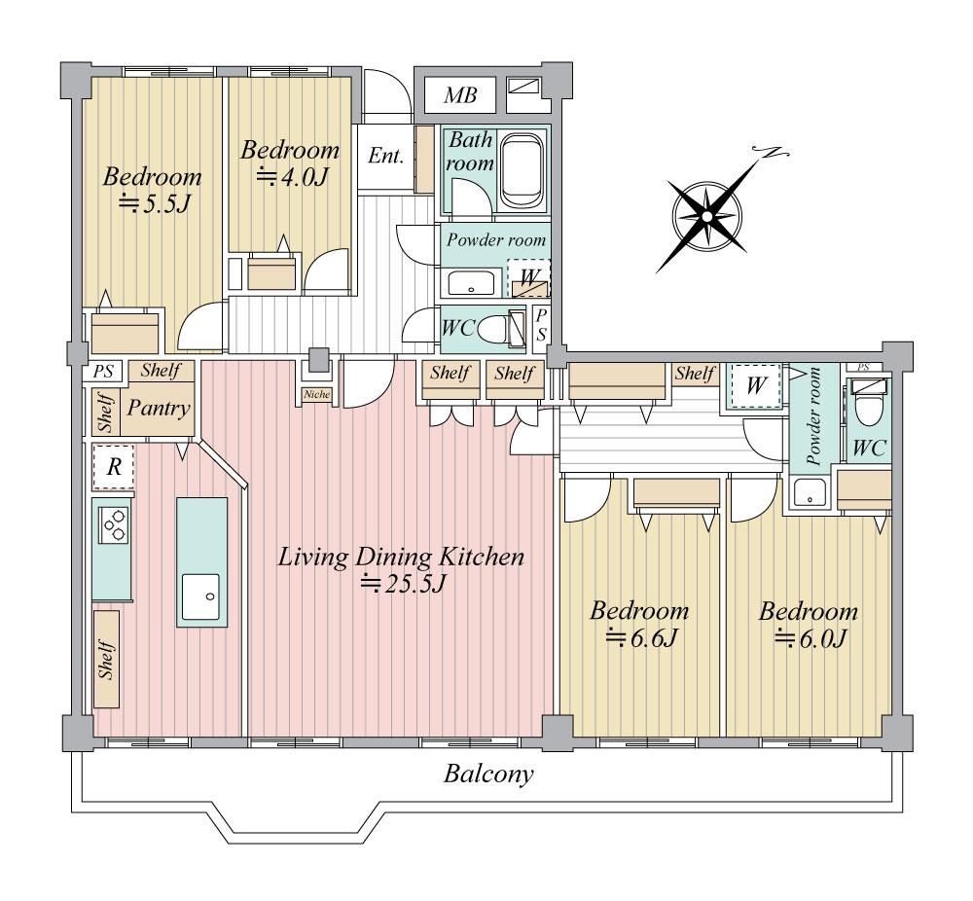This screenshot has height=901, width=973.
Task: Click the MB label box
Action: pyautogui.click(x=460, y=95)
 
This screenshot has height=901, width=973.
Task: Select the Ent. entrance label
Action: pyautogui.click(x=385, y=155)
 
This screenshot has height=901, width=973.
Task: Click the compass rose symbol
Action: pyautogui.click(x=707, y=215)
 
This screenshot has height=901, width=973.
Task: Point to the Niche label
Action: pyautogui.click(x=317, y=394)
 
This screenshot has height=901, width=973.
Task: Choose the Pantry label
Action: pyautogui.click(x=159, y=408)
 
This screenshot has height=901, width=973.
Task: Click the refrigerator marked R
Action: pyautogui.click(x=114, y=466)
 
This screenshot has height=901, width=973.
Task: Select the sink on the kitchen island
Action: pyautogui.click(x=200, y=596)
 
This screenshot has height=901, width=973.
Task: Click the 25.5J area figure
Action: pyautogui.click(x=404, y=584)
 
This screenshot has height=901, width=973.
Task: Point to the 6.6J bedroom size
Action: pyautogui.click(x=640, y=637)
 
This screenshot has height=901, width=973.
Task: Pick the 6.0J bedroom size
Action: pyautogui.click(x=810, y=638)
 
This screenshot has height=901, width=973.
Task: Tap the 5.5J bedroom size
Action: pyautogui.click(x=154, y=203)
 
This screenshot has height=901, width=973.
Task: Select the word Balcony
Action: pyautogui.click(x=488, y=775)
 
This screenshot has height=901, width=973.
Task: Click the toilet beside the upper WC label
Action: pyautogui.click(x=494, y=327)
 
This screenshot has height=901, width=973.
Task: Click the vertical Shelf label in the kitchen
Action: pyautogui.click(x=107, y=659)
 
